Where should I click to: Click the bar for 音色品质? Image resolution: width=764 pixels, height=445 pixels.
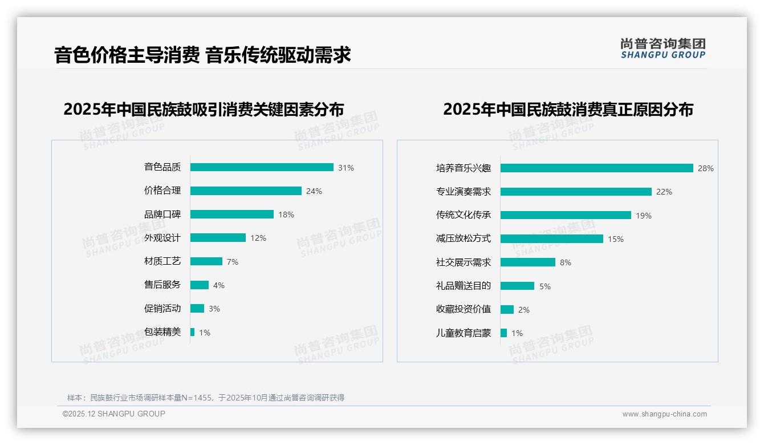click(x=262, y=167)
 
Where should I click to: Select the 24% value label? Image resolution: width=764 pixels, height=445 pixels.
click(x=314, y=191)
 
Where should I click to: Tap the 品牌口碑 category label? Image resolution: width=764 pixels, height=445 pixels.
click(x=162, y=215)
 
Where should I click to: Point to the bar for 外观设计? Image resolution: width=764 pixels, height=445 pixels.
click(x=218, y=238)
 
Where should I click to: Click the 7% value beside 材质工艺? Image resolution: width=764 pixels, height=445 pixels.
click(x=232, y=262)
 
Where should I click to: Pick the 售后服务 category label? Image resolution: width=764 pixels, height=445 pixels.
click(x=162, y=285)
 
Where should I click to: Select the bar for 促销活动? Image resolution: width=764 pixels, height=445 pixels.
click(x=197, y=309)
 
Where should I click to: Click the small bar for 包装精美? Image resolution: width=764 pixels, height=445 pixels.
click(x=193, y=332)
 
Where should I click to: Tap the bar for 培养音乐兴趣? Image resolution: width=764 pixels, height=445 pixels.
click(x=596, y=168)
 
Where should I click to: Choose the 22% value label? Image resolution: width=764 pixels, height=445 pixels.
click(x=664, y=192)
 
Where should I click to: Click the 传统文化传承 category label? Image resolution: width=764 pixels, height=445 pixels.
click(x=463, y=215)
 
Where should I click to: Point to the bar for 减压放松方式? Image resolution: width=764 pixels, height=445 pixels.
click(x=551, y=239)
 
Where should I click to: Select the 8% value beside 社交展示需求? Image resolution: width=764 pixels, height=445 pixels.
click(x=565, y=262)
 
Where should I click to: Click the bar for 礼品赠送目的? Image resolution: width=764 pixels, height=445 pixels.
click(x=517, y=286)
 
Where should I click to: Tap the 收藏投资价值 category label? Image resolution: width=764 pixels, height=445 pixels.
click(x=463, y=309)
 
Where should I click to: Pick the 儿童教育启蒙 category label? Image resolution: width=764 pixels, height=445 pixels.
click(x=463, y=333)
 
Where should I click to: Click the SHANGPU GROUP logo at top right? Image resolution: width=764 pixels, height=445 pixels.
click(x=663, y=48)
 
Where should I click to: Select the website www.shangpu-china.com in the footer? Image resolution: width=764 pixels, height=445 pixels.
click(x=664, y=414)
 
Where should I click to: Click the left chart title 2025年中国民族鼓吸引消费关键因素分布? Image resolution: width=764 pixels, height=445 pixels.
click(x=204, y=109)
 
